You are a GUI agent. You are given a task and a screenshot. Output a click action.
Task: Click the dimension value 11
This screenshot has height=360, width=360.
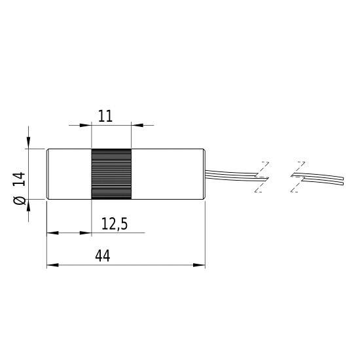click(x=105, y=116)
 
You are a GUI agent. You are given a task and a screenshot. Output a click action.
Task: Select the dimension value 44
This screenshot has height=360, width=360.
click(x=102, y=256)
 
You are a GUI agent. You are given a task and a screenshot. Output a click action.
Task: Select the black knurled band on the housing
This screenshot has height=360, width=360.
click(x=111, y=174)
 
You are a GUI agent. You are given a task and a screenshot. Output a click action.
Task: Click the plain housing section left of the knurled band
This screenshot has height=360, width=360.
click(x=68, y=174)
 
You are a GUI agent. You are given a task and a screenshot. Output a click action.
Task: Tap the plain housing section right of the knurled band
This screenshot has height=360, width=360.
click(x=169, y=174)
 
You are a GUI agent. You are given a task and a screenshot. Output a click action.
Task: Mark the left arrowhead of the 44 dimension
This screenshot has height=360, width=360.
click(x=51, y=265)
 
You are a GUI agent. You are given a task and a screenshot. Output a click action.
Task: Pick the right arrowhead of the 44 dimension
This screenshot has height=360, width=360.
click(x=200, y=265)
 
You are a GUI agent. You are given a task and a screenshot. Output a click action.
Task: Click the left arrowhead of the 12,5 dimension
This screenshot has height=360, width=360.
click(x=51, y=232)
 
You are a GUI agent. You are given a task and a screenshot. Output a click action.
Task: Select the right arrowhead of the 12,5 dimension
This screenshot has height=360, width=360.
click(x=87, y=232)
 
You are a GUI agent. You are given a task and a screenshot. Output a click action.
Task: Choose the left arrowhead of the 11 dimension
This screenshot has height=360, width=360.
click(x=87, y=124)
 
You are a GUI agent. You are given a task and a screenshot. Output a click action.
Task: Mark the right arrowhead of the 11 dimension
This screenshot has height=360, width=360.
click(x=135, y=124)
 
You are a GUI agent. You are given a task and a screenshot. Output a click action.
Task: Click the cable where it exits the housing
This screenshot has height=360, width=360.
click(x=216, y=173)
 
